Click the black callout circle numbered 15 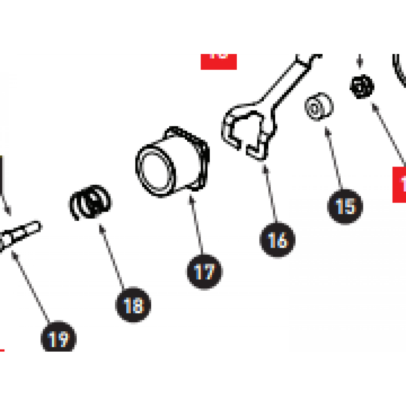(345, 206)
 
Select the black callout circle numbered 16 (277, 240)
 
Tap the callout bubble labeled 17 (205, 271)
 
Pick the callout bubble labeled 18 (134, 304)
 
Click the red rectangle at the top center (218, 61)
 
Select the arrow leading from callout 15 (333, 158)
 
